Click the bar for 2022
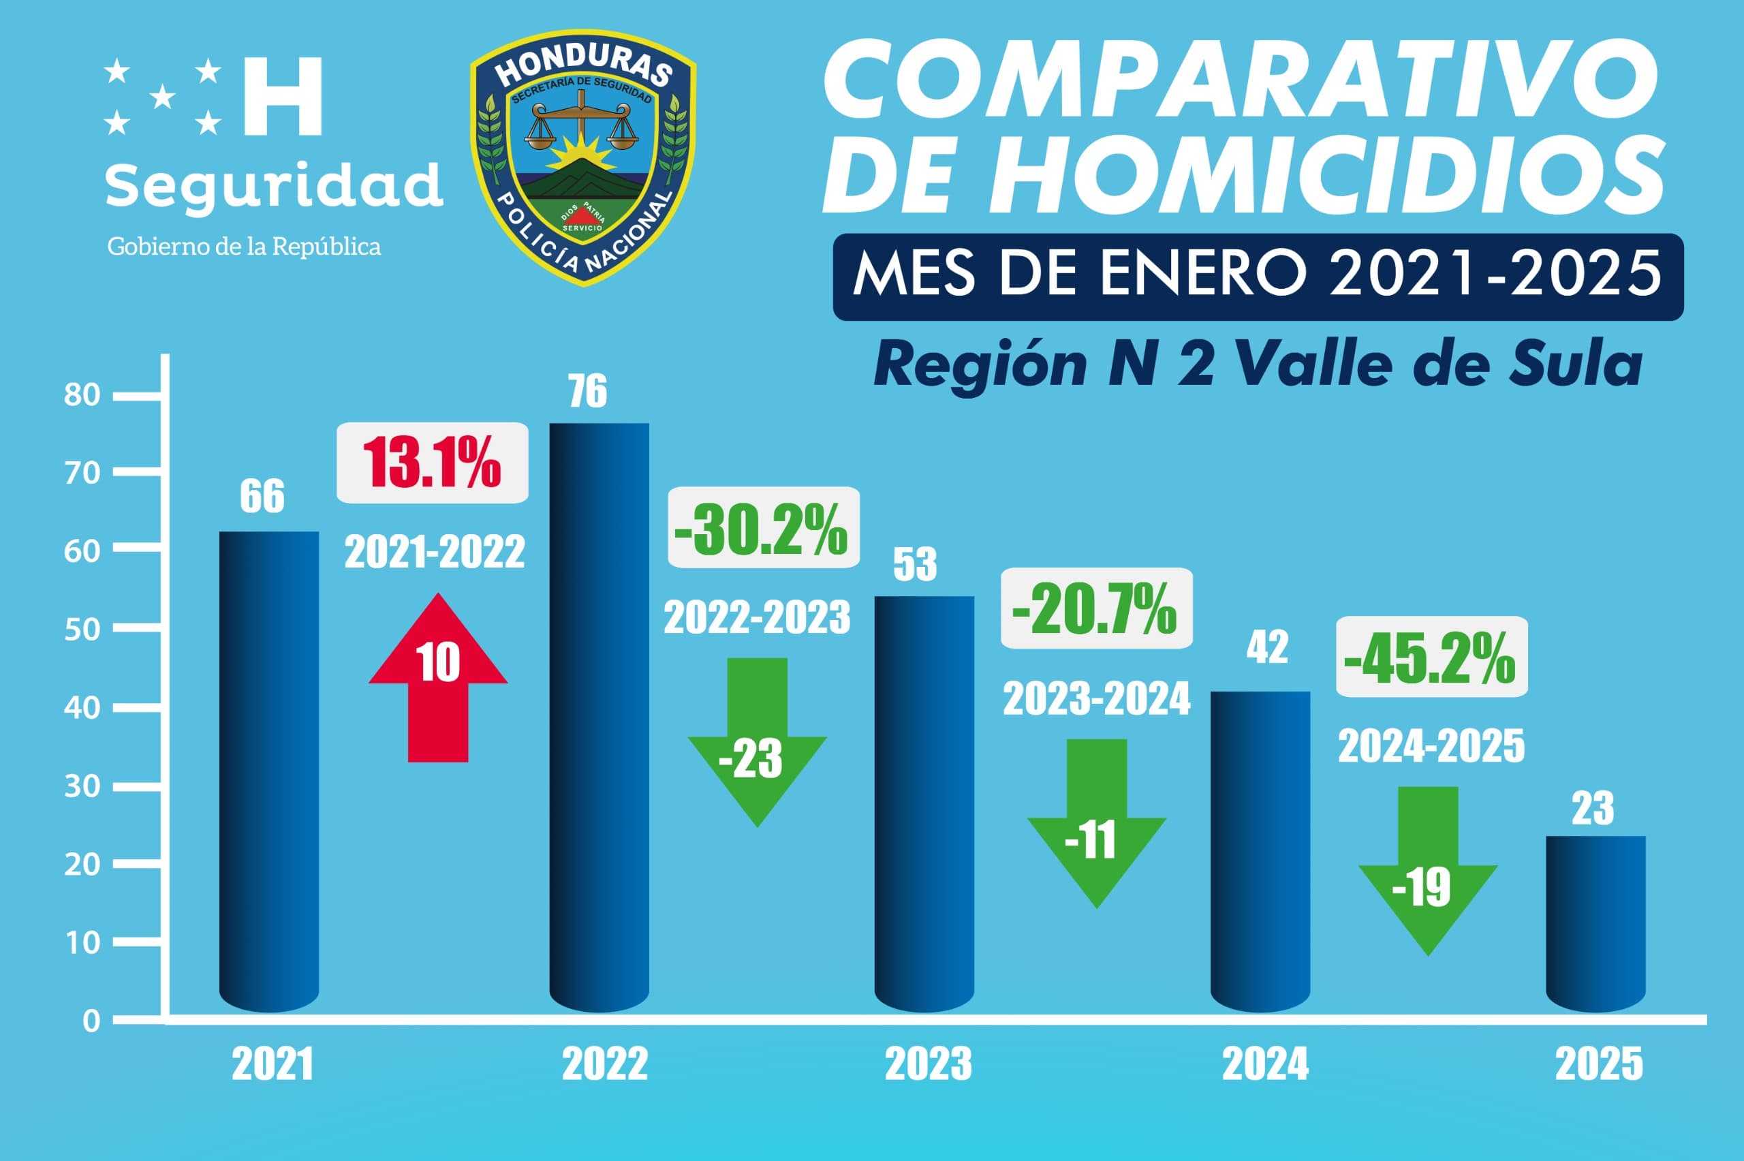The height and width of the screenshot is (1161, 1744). click(x=599, y=715)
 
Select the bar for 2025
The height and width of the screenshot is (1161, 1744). click(x=1595, y=922)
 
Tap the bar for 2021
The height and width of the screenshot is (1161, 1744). click(x=270, y=770)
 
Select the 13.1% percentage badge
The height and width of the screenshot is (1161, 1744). click(x=433, y=463)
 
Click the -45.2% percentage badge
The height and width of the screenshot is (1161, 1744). click(x=1431, y=657)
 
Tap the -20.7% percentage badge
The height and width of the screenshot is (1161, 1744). click(x=1096, y=608)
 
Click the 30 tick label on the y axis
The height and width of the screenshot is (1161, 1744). click(x=82, y=787)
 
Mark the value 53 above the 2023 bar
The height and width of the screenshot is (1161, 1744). click(x=915, y=565)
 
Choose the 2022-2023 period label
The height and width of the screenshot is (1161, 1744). click(x=756, y=618)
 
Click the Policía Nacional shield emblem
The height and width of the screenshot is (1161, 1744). click(x=582, y=157)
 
